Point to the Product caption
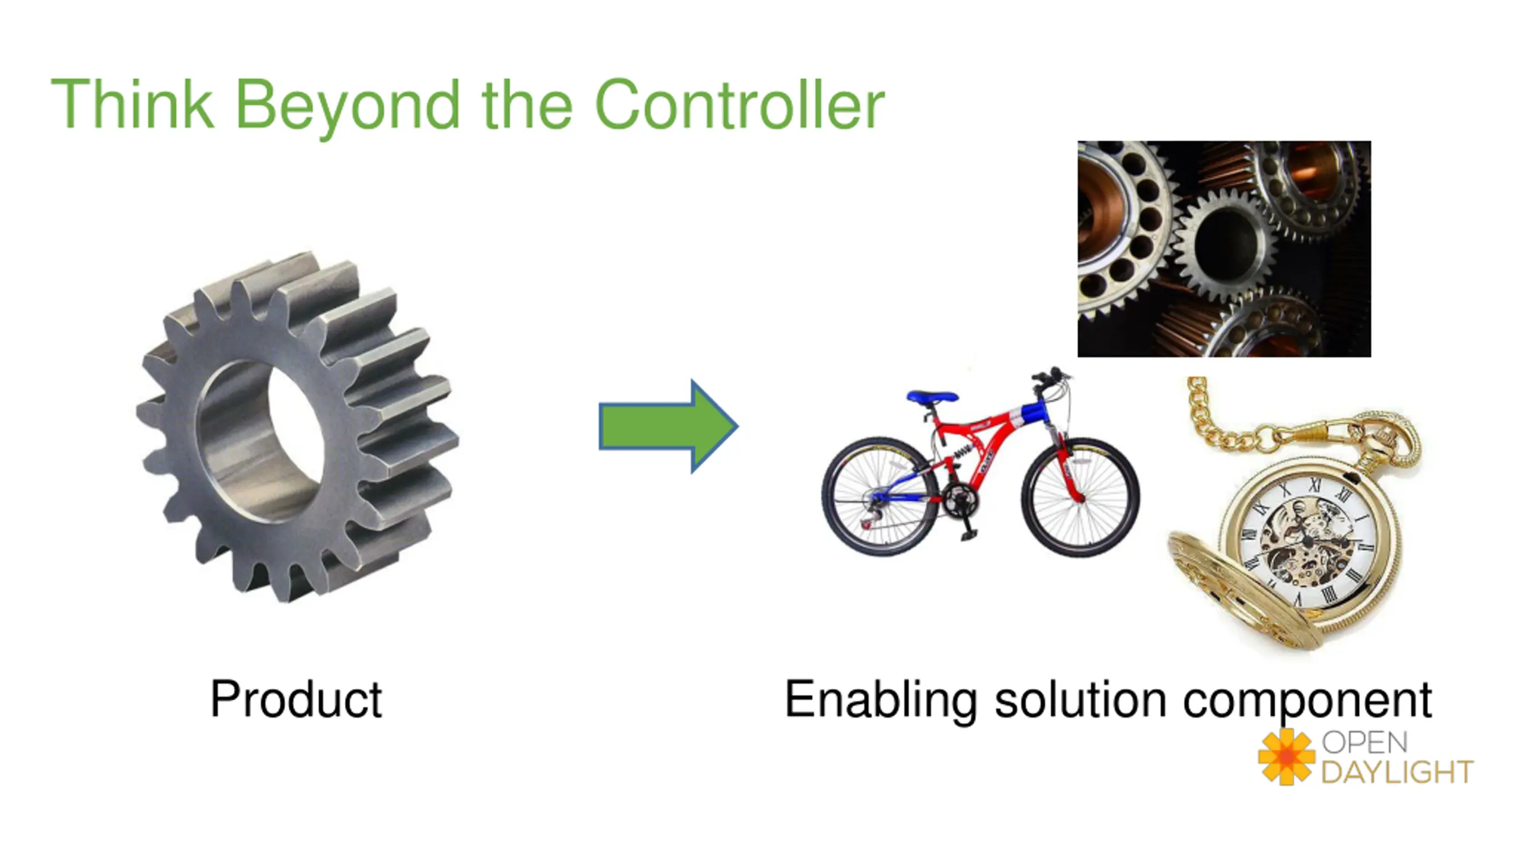[296, 700]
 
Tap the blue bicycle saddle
[932, 396]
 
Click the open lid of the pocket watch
[1239, 593]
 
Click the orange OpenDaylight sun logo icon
[1286, 757]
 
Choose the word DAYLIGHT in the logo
[1397, 772]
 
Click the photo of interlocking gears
[1224, 248]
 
